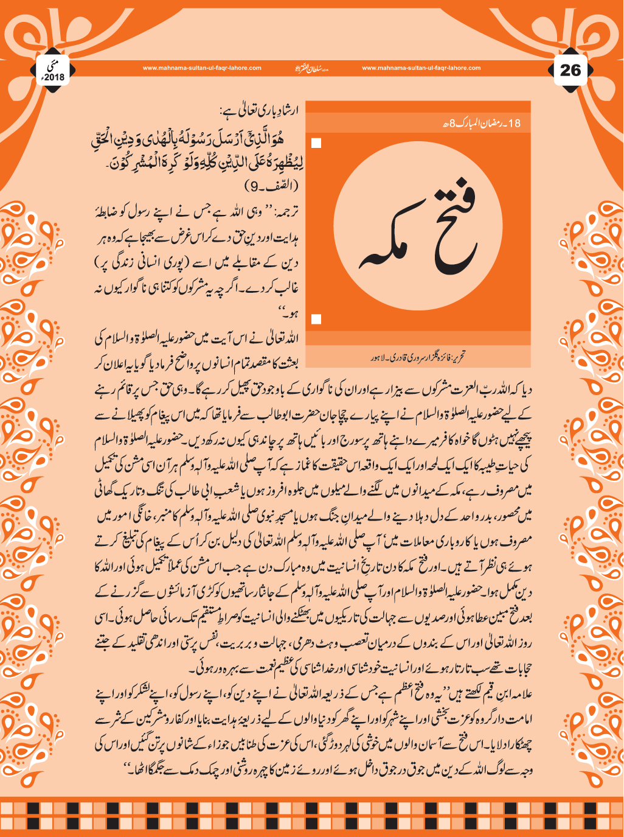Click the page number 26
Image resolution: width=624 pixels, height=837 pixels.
coord(570,70)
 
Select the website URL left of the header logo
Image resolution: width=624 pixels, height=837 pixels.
coord(202,68)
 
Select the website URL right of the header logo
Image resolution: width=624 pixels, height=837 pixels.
coord(421,68)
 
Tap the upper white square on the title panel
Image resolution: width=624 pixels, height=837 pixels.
coord(316,144)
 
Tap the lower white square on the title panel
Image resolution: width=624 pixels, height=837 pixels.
coord(316,319)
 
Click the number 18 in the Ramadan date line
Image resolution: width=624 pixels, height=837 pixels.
coord(514,124)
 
